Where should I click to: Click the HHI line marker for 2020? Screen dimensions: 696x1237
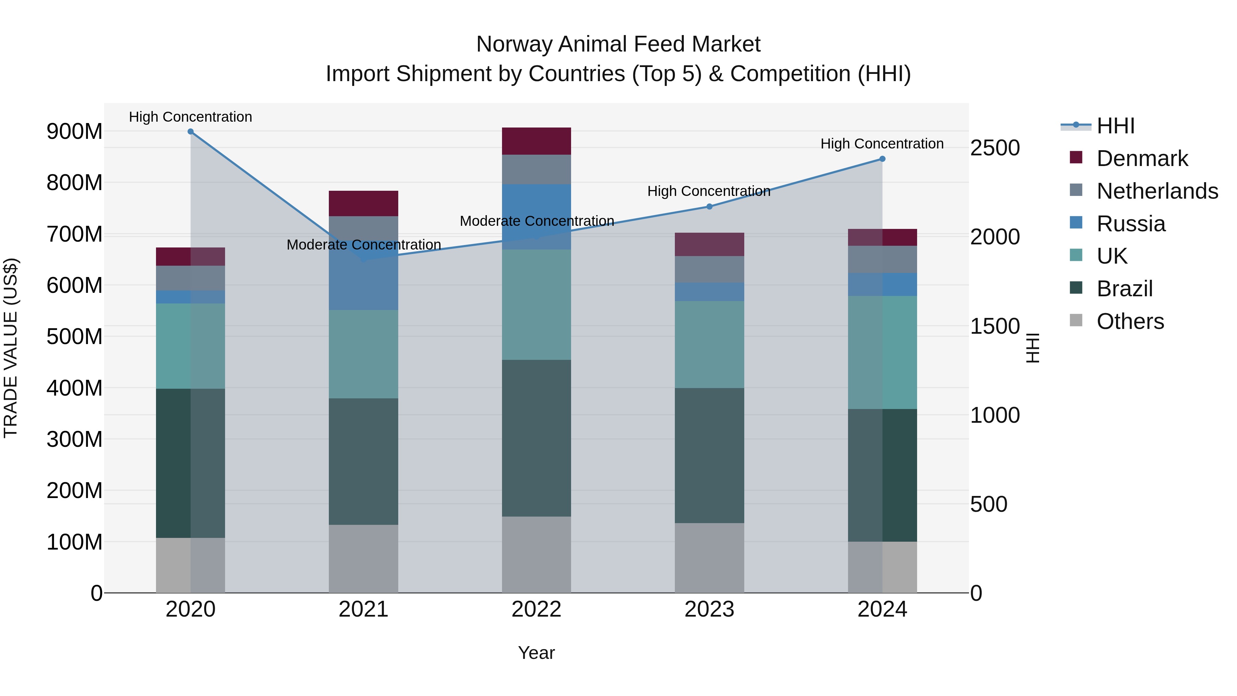(191, 131)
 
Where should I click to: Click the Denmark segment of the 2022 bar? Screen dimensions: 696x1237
(536, 141)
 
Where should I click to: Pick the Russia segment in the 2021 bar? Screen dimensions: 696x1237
(364, 284)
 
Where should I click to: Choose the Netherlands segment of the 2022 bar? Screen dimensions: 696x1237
(536, 169)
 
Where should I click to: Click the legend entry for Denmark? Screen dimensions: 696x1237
(1142, 158)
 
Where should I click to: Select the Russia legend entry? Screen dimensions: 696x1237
(1130, 224)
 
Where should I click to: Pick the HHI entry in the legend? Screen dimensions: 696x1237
(1115, 126)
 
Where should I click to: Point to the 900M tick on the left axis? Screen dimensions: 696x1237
(75, 131)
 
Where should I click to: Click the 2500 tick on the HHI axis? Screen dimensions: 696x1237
(995, 147)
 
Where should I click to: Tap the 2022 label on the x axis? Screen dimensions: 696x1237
(536, 609)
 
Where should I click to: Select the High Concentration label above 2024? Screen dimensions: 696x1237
(882, 144)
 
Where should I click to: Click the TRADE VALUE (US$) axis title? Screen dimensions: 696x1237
(11, 348)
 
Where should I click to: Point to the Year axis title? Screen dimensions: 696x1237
(536, 653)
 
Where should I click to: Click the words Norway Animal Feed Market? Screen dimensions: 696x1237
(618, 44)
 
